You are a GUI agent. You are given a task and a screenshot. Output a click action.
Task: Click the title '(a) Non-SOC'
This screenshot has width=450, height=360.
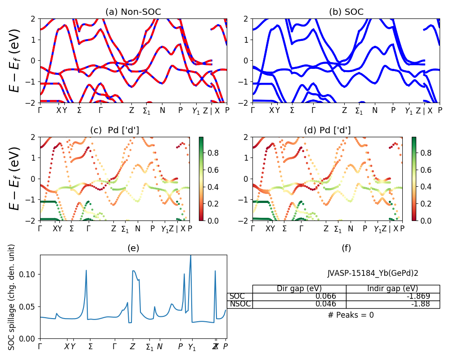(x=133, y=12)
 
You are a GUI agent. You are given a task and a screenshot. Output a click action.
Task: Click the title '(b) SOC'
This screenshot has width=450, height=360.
(x=346, y=12)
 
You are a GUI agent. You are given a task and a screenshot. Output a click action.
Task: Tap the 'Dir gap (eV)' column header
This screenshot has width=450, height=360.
(x=299, y=288)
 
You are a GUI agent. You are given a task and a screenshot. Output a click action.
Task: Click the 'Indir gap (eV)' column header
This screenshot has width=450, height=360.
(x=393, y=288)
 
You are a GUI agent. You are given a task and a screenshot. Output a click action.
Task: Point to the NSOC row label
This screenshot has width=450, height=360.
(x=240, y=304)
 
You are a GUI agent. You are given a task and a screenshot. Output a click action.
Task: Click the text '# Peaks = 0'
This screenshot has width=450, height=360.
(x=351, y=315)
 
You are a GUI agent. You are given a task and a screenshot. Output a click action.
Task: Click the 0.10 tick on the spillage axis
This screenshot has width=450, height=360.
(x=31, y=274)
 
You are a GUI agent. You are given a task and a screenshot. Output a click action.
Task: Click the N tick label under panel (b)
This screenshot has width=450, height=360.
(x=375, y=110)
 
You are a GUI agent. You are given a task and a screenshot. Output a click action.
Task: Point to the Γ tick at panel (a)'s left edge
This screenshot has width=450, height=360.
(x=40, y=110)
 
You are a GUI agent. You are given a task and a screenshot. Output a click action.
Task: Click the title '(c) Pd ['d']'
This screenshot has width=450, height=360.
(x=115, y=130)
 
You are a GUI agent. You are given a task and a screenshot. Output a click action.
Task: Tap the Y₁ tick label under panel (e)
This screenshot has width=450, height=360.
(x=192, y=347)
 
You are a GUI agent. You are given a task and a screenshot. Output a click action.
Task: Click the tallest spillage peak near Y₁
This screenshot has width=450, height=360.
(x=191, y=256)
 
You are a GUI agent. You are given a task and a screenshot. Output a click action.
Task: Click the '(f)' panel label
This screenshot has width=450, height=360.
(x=346, y=248)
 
